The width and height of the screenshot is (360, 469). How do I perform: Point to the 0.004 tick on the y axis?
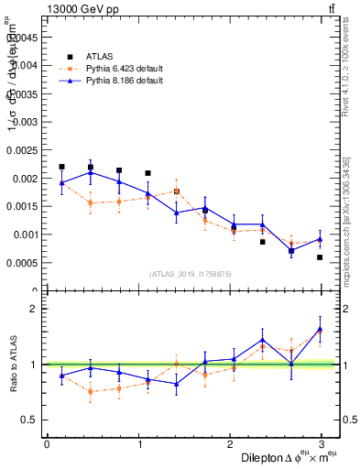(26, 65)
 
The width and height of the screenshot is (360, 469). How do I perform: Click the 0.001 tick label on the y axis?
(26, 234)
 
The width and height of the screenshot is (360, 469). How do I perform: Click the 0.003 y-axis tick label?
(26, 121)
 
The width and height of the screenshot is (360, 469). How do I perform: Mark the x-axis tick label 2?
(232, 443)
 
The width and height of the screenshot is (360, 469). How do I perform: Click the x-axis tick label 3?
(324, 443)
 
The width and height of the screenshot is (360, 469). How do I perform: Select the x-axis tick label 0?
(47, 443)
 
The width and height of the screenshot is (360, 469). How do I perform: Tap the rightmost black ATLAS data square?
(320, 257)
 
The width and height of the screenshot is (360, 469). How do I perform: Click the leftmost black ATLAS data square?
(61, 167)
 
